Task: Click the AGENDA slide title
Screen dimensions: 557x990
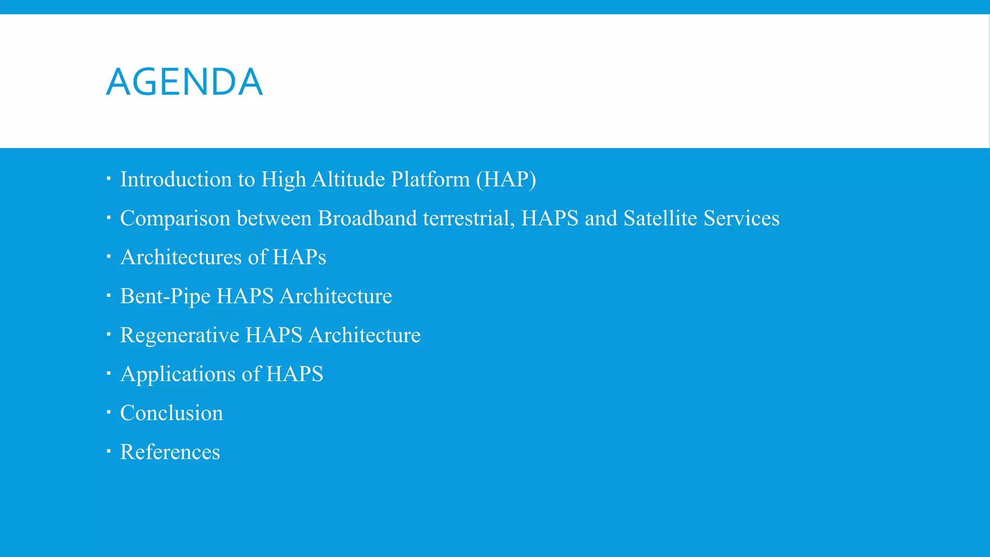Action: (184, 82)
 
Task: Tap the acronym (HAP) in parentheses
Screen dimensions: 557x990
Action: (506, 179)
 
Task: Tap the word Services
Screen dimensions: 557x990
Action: (741, 219)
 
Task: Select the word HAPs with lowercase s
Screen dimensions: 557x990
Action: (299, 257)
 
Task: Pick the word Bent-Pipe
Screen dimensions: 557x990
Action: (165, 296)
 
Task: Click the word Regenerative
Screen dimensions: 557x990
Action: (179, 335)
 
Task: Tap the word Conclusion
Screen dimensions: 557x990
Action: (172, 413)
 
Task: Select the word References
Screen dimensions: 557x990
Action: (170, 452)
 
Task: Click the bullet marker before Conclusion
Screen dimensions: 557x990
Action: (109, 412)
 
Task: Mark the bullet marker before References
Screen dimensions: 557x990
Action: (109, 452)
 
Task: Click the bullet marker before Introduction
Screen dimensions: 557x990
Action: (109, 179)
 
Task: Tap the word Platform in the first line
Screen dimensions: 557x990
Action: (430, 179)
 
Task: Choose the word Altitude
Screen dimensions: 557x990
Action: (348, 179)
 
